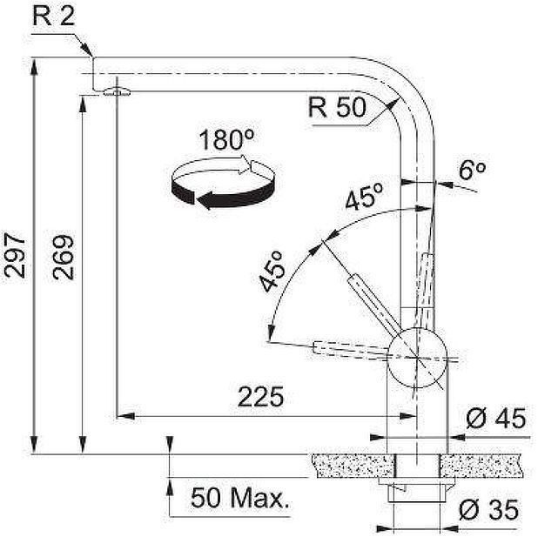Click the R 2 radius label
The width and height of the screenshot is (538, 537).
53,16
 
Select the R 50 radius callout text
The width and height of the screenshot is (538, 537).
337,107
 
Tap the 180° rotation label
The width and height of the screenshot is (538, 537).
226,139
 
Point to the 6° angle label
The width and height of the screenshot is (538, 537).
472,170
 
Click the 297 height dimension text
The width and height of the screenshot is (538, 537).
15,255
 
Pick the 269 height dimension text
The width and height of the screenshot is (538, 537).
64,257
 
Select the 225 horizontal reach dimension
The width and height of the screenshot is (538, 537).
261,397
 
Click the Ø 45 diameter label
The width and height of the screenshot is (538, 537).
495,418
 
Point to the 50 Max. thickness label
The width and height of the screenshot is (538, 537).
239,498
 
